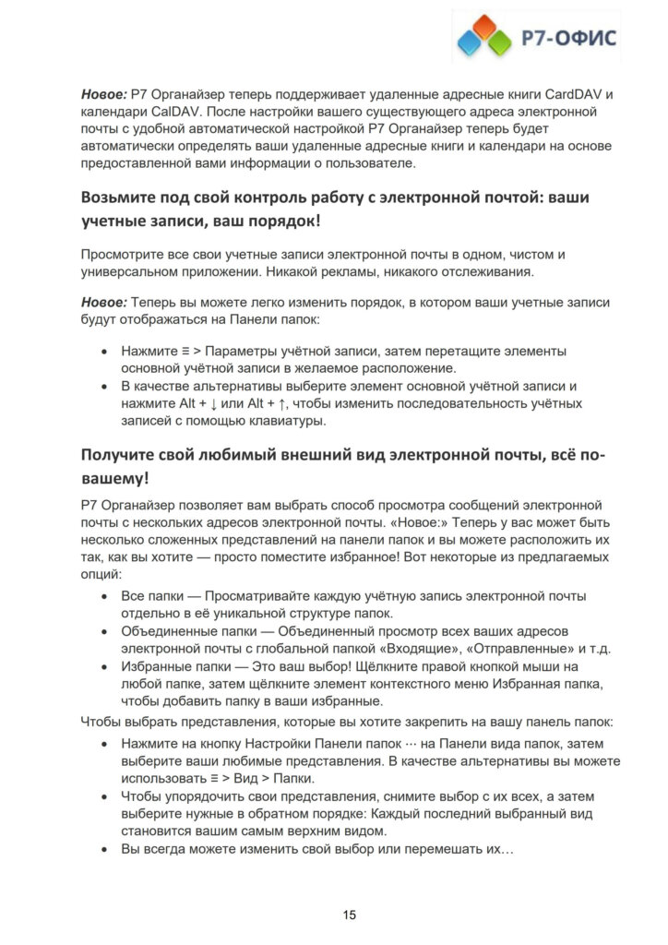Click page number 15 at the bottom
(x=350, y=915)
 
